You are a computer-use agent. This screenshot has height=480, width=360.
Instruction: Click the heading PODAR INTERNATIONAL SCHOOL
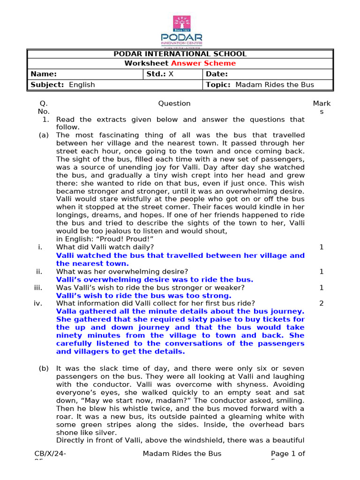[180, 54]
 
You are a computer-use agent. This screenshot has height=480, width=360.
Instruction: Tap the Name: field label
[44, 74]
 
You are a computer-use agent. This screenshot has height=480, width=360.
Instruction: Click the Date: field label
[217, 74]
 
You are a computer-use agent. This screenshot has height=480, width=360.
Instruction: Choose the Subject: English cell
[63, 85]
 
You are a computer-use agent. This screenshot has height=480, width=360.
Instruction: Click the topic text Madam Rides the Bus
[274, 85]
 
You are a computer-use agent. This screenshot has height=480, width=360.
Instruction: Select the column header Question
[174, 104]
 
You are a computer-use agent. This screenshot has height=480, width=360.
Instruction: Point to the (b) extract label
[44, 368]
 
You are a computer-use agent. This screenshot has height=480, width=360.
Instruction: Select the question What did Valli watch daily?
[105, 247]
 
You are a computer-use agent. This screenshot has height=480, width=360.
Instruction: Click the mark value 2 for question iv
[321, 303]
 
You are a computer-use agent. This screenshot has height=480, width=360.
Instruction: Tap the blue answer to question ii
[155, 280]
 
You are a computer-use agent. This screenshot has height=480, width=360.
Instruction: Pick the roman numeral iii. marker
[38, 288]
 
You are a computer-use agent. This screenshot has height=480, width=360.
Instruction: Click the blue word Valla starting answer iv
[66, 312]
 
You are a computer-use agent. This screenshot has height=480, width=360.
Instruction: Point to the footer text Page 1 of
[288, 453]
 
